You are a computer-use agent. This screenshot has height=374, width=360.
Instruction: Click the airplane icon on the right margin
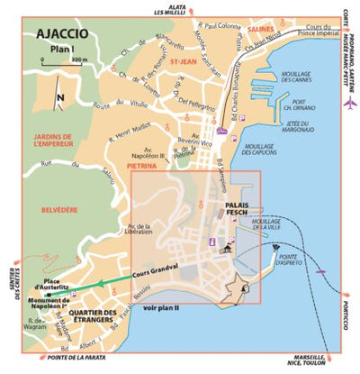349,104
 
